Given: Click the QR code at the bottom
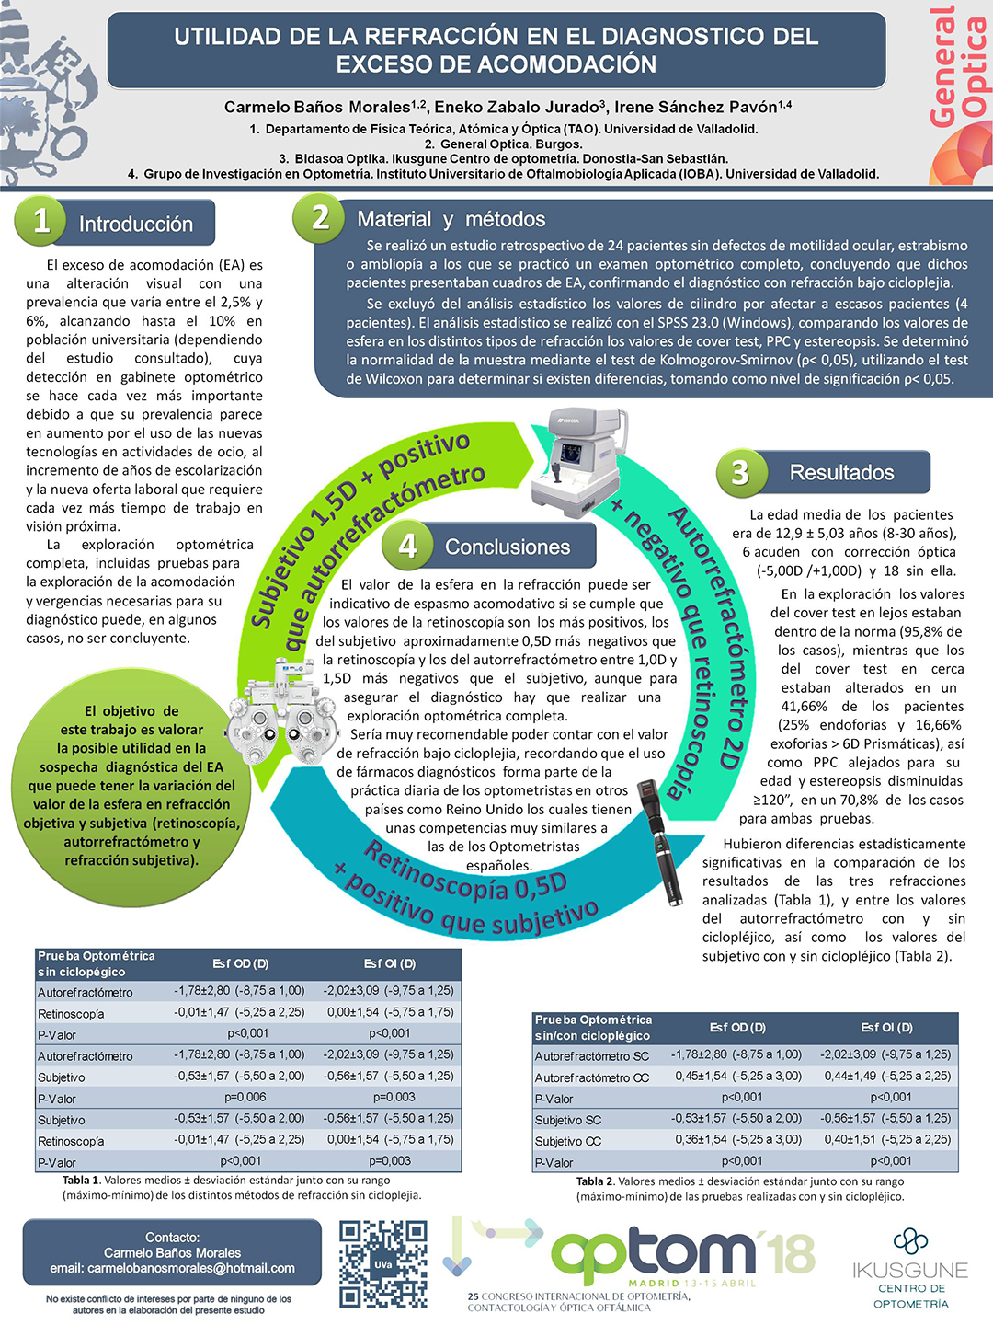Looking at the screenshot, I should coord(382,1263).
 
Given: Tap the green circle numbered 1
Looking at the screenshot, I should coord(40,221).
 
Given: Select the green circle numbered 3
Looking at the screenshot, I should coord(740,472).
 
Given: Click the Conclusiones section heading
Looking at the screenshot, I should coord(508,547).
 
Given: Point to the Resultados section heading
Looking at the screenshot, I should coord(841,472).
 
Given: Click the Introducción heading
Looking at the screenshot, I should coord(135,224).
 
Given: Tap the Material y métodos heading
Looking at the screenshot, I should coord(451,219).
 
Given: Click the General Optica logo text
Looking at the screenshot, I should coord(957,64).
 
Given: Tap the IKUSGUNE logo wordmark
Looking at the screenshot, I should coord(909,1270).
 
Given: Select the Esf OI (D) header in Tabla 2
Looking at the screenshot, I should coord(886,1027).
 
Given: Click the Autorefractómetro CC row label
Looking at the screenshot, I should coord(592,1077).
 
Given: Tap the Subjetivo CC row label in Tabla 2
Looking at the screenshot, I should coord(568,1141).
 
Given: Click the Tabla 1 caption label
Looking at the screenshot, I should coord(81,1181).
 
